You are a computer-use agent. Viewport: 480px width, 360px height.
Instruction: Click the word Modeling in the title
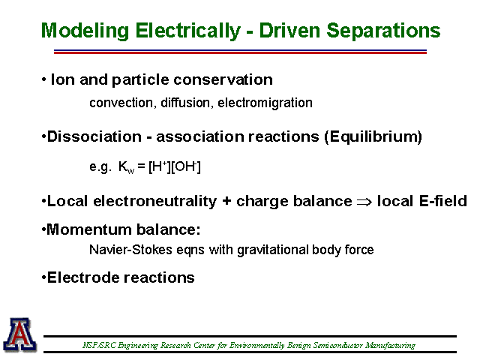(x=85, y=31)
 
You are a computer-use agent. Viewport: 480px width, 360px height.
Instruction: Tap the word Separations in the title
(x=383, y=31)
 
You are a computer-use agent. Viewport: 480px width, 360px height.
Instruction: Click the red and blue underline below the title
(x=240, y=52)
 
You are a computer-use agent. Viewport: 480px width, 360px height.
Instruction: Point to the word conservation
(x=223, y=80)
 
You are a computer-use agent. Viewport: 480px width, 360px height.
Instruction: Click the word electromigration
(x=265, y=103)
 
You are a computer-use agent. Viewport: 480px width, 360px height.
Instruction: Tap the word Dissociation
(x=94, y=136)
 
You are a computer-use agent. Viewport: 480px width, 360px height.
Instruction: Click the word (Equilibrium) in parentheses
(x=373, y=136)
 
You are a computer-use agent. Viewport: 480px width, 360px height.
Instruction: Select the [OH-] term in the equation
(x=186, y=166)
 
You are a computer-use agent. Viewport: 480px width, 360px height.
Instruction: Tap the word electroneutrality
(x=155, y=202)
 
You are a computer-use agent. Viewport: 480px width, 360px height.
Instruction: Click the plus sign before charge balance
(x=226, y=202)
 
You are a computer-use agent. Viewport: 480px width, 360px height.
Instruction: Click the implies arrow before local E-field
(x=364, y=202)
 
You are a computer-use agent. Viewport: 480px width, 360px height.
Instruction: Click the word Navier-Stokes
(x=130, y=250)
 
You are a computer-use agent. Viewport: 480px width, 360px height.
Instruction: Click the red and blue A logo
(x=20, y=334)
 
